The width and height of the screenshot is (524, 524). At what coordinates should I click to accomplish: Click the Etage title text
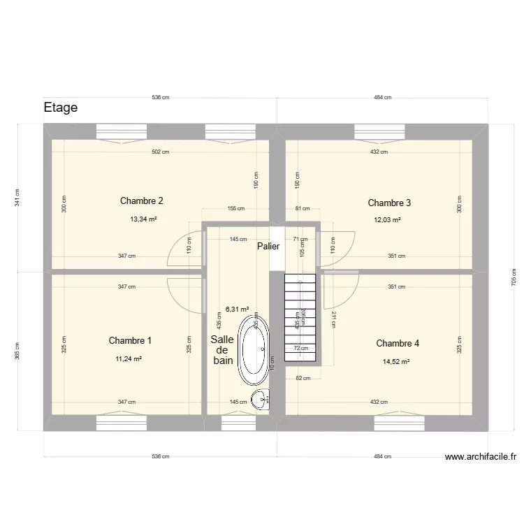point(60,108)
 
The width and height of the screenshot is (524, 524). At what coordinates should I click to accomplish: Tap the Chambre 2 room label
point(142,201)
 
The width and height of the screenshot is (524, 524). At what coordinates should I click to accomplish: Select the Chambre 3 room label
point(389,203)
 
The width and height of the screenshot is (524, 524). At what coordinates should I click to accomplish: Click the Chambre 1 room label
point(130,341)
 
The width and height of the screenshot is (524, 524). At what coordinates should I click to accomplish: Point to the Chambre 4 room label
point(398,344)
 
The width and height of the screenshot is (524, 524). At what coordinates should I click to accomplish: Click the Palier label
point(268,247)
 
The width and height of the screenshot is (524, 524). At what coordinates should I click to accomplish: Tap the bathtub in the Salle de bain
point(253,348)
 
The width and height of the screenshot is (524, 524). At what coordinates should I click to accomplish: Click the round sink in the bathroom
point(261,400)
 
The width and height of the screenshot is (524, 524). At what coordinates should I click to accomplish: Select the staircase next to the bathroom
point(301,318)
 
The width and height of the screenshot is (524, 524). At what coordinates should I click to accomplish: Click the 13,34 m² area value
point(143,219)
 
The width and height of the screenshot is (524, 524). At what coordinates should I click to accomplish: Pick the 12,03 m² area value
point(387,220)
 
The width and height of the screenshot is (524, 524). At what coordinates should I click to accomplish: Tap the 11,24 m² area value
point(129,359)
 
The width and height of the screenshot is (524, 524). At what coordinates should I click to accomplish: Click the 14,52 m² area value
point(396,362)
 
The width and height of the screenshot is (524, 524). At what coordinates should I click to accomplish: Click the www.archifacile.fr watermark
point(481,458)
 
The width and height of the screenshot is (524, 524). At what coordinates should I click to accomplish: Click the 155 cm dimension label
point(236,208)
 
